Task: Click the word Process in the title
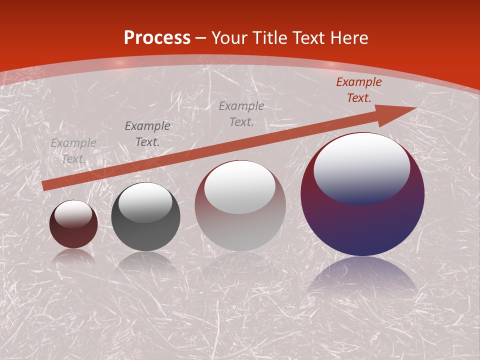pos(157,38)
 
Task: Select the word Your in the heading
pos(229,38)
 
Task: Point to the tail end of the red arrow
pos(45,185)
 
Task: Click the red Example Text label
pos(359,90)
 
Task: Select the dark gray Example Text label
pos(147,133)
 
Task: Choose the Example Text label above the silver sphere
pos(241,113)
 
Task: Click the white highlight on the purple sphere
pos(362,167)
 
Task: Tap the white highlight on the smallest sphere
pos(73,213)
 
